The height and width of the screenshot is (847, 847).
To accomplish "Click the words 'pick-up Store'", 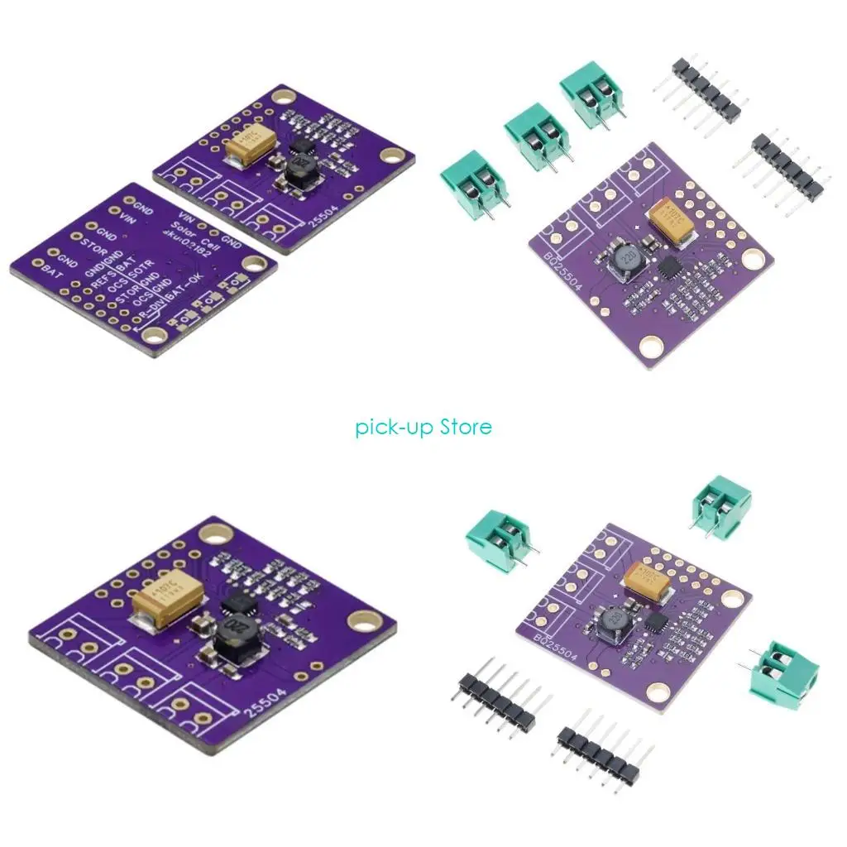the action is pyautogui.click(x=423, y=428).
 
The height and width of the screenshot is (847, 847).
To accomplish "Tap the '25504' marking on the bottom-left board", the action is pyautogui.click(x=284, y=702).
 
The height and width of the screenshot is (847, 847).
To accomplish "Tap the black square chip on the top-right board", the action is pyautogui.click(x=670, y=266).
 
